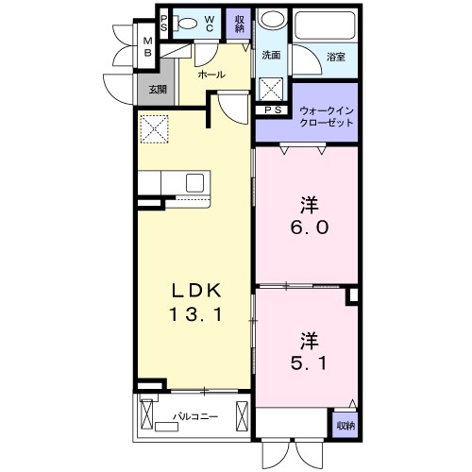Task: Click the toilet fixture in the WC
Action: pyautogui.click(x=185, y=24)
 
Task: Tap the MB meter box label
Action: pyautogui.click(x=147, y=47)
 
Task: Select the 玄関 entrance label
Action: pyautogui.click(x=158, y=90)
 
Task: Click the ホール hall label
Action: pyautogui.click(x=211, y=75)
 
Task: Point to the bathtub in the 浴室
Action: pyautogui.click(x=325, y=25)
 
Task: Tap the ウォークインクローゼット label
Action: pyautogui.click(x=327, y=117)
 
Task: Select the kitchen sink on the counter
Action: pyautogui.click(x=194, y=183)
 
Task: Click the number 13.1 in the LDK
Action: pyautogui.click(x=196, y=314)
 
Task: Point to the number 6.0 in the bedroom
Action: pyautogui.click(x=310, y=228)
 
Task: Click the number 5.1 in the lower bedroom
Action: pyautogui.click(x=309, y=363)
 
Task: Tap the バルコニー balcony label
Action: pyautogui.click(x=195, y=417)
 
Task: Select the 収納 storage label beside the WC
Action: pyautogui.click(x=239, y=24)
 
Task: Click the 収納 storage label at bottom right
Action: pyautogui.click(x=346, y=426)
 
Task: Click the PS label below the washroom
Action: pyautogui.click(x=273, y=110)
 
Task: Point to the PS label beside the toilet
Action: pyautogui.click(x=163, y=24)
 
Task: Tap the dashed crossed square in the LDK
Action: pyautogui.click(x=154, y=129)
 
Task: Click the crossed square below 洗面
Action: pyautogui.click(x=271, y=89)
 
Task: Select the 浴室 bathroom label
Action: pyautogui.click(x=336, y=58)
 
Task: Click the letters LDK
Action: pyautogui.click(x=196, y=291)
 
